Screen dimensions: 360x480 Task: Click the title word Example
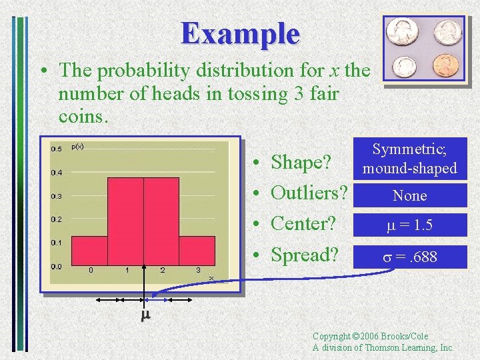(x=241, y=33)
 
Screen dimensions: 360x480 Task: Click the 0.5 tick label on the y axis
(x=57, y=149)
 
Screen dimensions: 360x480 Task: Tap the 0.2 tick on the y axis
(x=57, y=219)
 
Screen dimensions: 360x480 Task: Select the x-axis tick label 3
(x=198, y=271)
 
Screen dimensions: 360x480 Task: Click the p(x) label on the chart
(x=77, y=146)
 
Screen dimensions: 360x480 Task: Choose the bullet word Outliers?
(x=309, y=193)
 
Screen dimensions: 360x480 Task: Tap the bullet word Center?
(x=303, y=224)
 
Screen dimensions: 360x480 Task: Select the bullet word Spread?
(x=305, y=255)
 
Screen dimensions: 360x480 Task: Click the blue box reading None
(x=409, y=195)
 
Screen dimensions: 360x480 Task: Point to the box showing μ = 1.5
(x=409, y=226)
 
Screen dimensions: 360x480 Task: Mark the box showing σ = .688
(x=409, y=257)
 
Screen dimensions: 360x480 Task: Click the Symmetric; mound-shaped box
(x=409, y=159)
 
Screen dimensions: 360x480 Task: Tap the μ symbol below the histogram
(x=145, y=315)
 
